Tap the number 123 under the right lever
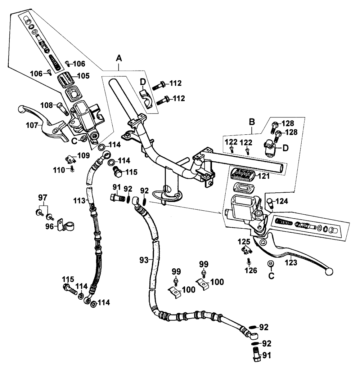pos(291,263)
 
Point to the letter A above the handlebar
pos(120,58)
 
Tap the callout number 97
pos(43,197)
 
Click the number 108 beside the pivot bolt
pos(45,106)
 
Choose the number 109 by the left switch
pos(84,155)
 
